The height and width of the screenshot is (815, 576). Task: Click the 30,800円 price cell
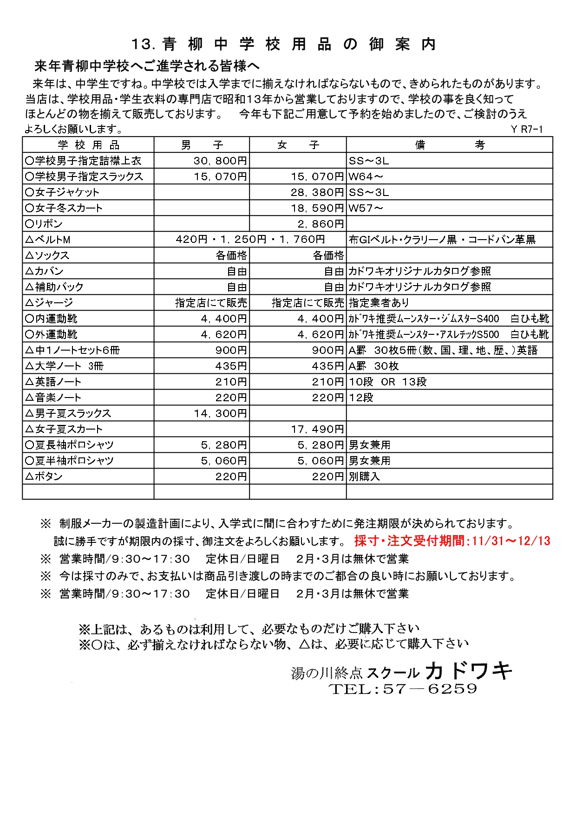pyautogui.click(x=220, y=161)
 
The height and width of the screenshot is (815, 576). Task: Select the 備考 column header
pyautogui.click(x=449, y=145)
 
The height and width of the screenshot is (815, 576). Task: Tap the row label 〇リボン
pyautogui.click(x=44, y=224)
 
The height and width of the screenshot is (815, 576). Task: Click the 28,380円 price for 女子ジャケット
pyautogui.click(x=317, y=192)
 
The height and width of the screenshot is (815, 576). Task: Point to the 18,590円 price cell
pyautogui.click(x=317, y=208)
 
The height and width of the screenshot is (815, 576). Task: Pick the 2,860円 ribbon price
pyautogui.click(x=321, y=224)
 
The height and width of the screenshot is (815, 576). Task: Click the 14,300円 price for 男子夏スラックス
pyautogui.click(x=220, y=413)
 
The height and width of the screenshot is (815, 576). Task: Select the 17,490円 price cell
pyautogui.click(x=317, y=429)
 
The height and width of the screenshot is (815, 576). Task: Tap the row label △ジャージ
pyautogui.click(x=49, y=303)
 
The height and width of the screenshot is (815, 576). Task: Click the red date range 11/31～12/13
pyautogui.click(x=511, y=541)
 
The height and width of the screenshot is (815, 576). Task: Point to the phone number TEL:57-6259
pyautogui.click(x=403, y=689)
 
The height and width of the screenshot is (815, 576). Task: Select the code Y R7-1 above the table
pyautogui.click(x=527, y=130)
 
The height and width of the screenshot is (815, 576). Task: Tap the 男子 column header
pyautogui.click(x=202, y=145)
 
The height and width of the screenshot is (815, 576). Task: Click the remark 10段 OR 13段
pyautogui.click(x=388, y=382)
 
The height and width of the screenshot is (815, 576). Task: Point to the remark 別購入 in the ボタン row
pyautogui.click(x=364, y=476)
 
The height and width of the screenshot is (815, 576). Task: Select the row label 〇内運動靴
pyautogui.click(x=52, y=319)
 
